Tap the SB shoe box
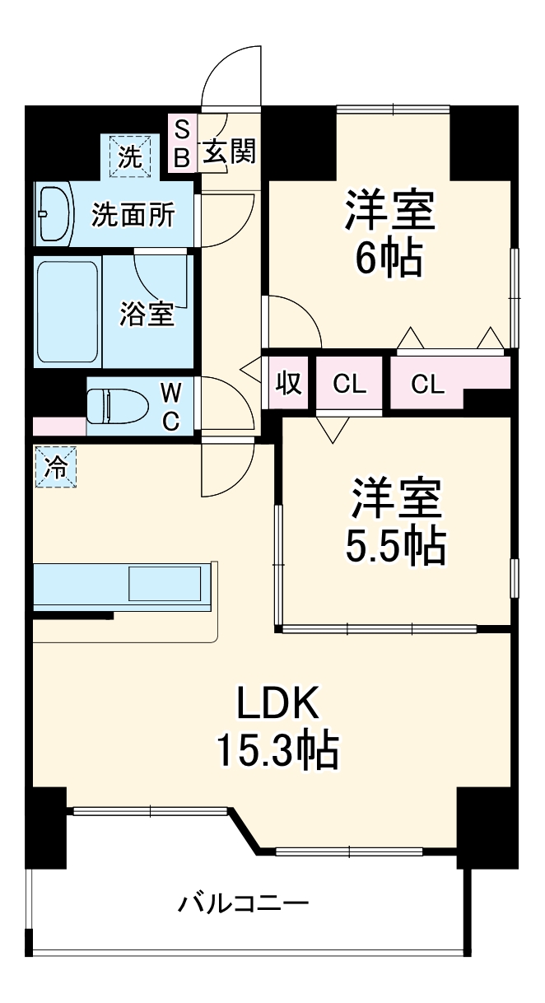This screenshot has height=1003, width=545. [x=182, y=143]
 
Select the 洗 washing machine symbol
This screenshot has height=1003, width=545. [x=129, y=155]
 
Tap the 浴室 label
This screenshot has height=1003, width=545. [x=148, y=314]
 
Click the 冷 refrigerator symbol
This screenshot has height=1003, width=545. [x=55, y=468]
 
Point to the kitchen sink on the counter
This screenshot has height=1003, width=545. [x=165, y=584]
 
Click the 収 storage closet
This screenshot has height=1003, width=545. [x=287, y=384]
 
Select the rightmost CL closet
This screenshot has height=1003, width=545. [x=426, y=384]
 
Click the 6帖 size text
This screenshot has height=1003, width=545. [x=389, y=259]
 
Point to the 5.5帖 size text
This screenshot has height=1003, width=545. [x=395, y=544]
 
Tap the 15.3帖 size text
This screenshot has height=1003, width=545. [x=277, y=750]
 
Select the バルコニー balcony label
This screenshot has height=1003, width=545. [x=244, y=905]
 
